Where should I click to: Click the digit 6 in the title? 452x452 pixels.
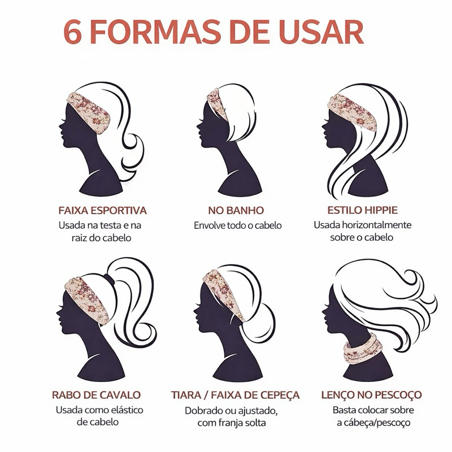tap(72, 32)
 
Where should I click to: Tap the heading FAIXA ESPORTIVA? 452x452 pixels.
tap(103, 210)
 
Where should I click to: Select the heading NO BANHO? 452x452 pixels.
tap(236, 210)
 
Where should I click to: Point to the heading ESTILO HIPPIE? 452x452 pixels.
tap(363, 210)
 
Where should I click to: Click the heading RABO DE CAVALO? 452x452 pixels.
tap(96, 395)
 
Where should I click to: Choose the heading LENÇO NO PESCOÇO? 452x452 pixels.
tap(372, 394)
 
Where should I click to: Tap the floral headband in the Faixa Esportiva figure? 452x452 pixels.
tap(89, 113)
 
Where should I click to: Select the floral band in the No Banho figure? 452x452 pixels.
tap(218, 104)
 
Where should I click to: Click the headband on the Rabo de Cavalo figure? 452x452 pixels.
tap(88, 301)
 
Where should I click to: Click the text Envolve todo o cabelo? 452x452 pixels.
tap(238, 225)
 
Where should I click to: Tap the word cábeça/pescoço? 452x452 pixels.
tap(377, 423)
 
